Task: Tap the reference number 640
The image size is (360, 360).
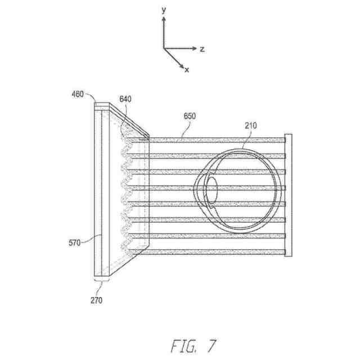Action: pos(125,100)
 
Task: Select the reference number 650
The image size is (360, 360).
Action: pos(190,116)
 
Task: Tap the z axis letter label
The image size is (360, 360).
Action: pos(202,49)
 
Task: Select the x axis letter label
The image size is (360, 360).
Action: pos(187,70)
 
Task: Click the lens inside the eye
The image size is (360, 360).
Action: pos(212,188)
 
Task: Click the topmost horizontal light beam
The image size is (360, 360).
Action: pos(219,139)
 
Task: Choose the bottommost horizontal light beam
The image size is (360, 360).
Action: pos(219,251)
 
